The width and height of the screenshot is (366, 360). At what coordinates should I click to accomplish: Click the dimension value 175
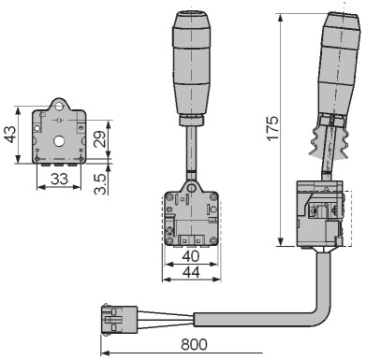click(272, 128)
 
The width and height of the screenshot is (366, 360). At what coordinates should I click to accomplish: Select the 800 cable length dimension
click(194, 345)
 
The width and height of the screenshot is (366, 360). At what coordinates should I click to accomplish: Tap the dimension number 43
click(10, 134)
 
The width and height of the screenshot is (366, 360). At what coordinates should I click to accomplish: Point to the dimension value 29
click(99, 138)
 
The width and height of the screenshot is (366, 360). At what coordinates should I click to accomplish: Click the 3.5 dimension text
click(100, 184)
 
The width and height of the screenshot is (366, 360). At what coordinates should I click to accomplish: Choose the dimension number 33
click(59, 179)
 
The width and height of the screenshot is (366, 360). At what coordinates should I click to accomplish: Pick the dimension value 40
click(191, 256)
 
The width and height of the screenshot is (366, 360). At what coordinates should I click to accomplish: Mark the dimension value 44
click(191, 272)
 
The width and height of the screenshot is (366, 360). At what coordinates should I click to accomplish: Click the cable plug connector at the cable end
click(119, 320)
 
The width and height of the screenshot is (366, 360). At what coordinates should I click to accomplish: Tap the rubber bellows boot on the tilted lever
click(329, 138)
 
